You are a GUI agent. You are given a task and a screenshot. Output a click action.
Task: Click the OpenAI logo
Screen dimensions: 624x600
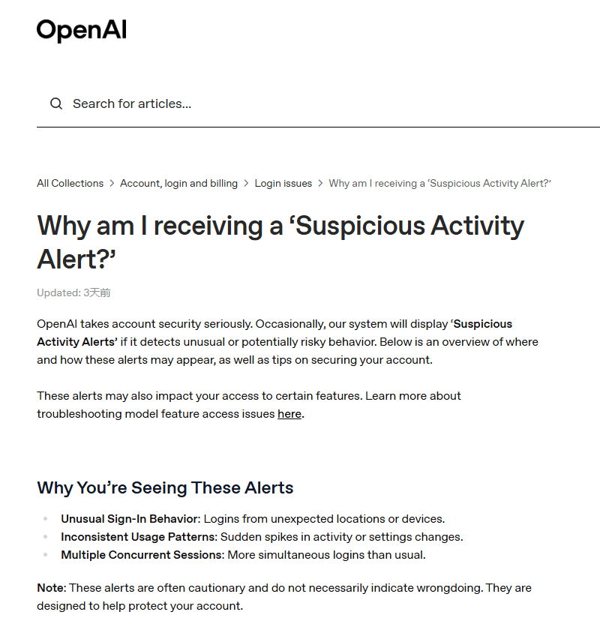81,30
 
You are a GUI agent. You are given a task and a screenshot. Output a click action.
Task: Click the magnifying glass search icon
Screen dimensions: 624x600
56,103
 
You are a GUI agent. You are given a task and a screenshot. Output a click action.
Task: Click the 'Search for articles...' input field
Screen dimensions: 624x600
300,103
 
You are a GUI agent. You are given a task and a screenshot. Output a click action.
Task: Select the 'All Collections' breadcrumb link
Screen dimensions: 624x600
70,183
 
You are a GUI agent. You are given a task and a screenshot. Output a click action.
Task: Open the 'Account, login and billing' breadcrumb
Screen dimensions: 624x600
178,183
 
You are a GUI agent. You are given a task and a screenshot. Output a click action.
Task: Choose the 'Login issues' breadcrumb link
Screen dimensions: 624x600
283,183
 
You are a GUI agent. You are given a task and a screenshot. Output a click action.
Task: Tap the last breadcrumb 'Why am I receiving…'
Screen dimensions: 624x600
439,183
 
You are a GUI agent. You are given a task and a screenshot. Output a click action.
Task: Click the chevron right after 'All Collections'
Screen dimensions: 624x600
112,183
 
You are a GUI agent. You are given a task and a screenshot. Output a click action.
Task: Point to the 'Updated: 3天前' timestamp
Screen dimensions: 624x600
73,292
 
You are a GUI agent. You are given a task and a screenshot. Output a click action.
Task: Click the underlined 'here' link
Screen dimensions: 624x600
289,414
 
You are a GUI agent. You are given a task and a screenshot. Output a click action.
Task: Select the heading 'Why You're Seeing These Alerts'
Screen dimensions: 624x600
165,487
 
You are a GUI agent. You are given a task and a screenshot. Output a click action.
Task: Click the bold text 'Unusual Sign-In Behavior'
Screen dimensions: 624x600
130,519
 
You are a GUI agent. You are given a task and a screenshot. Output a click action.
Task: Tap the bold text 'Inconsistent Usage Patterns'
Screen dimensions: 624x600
139,537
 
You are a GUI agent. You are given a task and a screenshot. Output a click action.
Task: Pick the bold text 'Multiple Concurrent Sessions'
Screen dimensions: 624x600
142,555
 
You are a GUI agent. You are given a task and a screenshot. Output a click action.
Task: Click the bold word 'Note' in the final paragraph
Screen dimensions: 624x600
51,588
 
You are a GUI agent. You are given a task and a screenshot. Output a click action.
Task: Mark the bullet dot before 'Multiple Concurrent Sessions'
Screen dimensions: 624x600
44,555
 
